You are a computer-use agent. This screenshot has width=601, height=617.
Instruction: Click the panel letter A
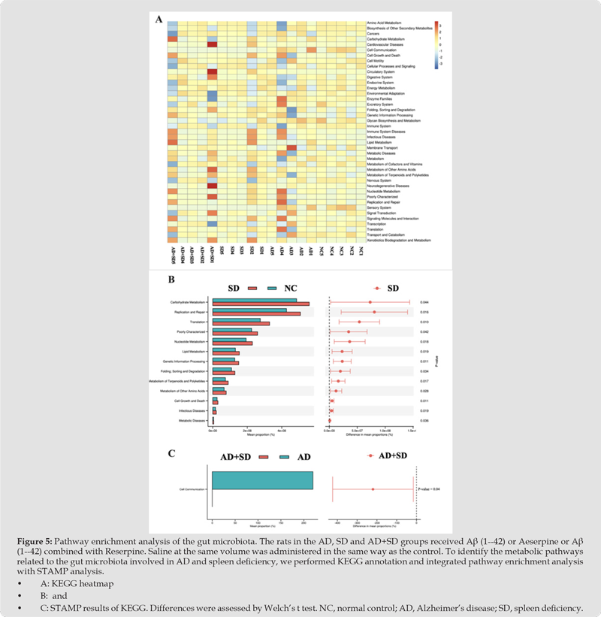coord(159,20)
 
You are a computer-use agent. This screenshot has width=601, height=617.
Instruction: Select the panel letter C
coord(171,453)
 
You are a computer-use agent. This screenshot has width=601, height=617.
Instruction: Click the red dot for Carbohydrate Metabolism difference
coord(370,302)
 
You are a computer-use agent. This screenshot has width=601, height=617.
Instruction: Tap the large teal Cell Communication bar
coord(262,490)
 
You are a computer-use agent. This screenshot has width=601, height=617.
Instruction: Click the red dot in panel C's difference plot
coord(373,490)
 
